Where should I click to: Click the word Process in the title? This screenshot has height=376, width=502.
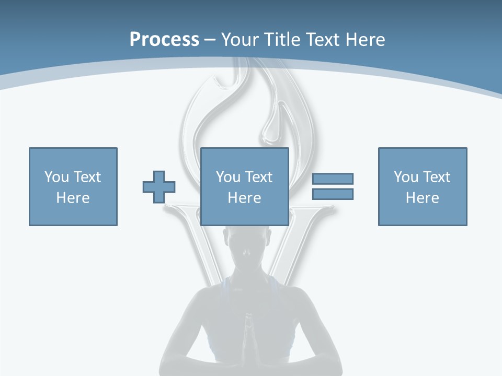164,40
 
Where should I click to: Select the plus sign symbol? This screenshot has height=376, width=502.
159,187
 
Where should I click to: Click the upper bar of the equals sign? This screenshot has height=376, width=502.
333,179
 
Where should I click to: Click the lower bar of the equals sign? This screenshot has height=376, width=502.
333,194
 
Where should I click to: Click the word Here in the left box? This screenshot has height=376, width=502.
73,198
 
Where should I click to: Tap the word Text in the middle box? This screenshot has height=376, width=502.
259,177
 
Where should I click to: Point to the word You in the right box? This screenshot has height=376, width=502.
406,177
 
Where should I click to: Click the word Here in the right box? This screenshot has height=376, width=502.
423,198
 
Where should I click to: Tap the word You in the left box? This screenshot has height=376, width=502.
56,177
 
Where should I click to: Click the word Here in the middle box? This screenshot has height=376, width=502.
244,198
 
